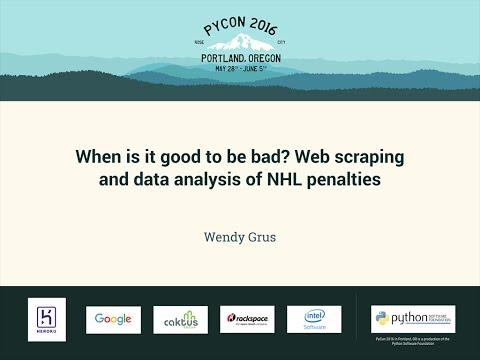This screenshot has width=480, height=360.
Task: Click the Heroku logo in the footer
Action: [47, 319]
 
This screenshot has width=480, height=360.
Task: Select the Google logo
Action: [113, 319]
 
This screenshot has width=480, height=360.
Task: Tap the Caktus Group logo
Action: [180, 320]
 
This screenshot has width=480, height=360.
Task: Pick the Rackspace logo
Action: [247, 320]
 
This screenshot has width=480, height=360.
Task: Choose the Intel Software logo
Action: [314, 319]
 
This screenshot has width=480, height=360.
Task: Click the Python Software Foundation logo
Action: [412, 319]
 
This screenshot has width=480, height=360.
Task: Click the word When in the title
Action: [101, 157]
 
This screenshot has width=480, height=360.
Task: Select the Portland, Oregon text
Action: [240, 59]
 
